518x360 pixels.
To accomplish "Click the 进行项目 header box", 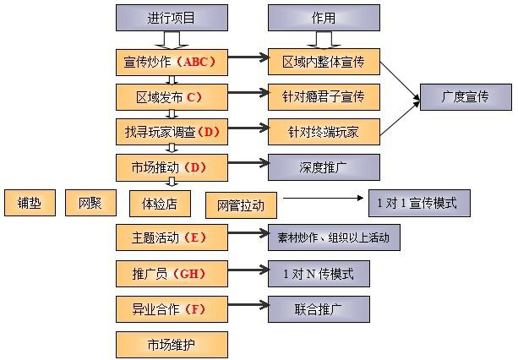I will click(x=172, y=17).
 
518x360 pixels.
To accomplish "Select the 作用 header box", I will click(x=324, y=17).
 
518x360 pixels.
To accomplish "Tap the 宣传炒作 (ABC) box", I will click(x=172, y=61).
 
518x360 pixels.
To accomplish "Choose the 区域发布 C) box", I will click(x=172, y=96).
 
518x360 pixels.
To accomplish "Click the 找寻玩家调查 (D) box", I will click(x=172, y=131).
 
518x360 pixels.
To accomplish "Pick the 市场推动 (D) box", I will click(x=172, y=166).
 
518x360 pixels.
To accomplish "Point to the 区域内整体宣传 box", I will click(x=324, y=61).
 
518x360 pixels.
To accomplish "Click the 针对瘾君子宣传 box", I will click(x=324, y=96).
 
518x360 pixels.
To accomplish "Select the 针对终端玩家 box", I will click(x=324, y=131).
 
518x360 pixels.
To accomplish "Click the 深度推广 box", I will click(x=324, y=166).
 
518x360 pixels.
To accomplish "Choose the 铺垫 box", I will click(x=30, y=203).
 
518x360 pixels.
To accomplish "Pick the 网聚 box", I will click(x=90, y=203).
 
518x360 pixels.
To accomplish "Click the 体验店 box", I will click(x=159, y=203).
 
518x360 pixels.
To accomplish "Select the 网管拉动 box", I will click(x=240, y=205).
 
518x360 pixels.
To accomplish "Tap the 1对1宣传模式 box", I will click(x=419, y=203).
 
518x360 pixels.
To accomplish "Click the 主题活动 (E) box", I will click(x=172, y=237).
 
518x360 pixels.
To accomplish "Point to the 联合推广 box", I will click(x=319, y=308).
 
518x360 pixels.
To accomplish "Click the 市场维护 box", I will click(x=172, y=344).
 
